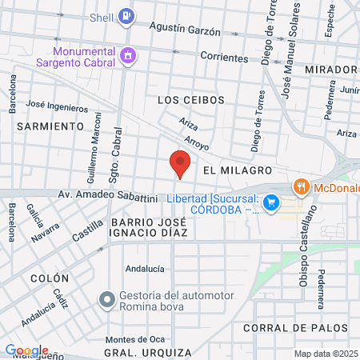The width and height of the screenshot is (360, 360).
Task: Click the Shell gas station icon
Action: [x=126, y=15]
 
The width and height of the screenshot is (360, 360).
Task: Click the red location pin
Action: [x=180, y=165]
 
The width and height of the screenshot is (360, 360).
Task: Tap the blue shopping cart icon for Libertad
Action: [x=271, y=203]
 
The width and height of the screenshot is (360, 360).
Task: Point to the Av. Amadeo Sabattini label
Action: [x=107, y=196]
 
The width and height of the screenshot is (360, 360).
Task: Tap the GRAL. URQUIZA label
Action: [x=148, y=352]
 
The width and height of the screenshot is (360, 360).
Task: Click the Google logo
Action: [x=27, y=350]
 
